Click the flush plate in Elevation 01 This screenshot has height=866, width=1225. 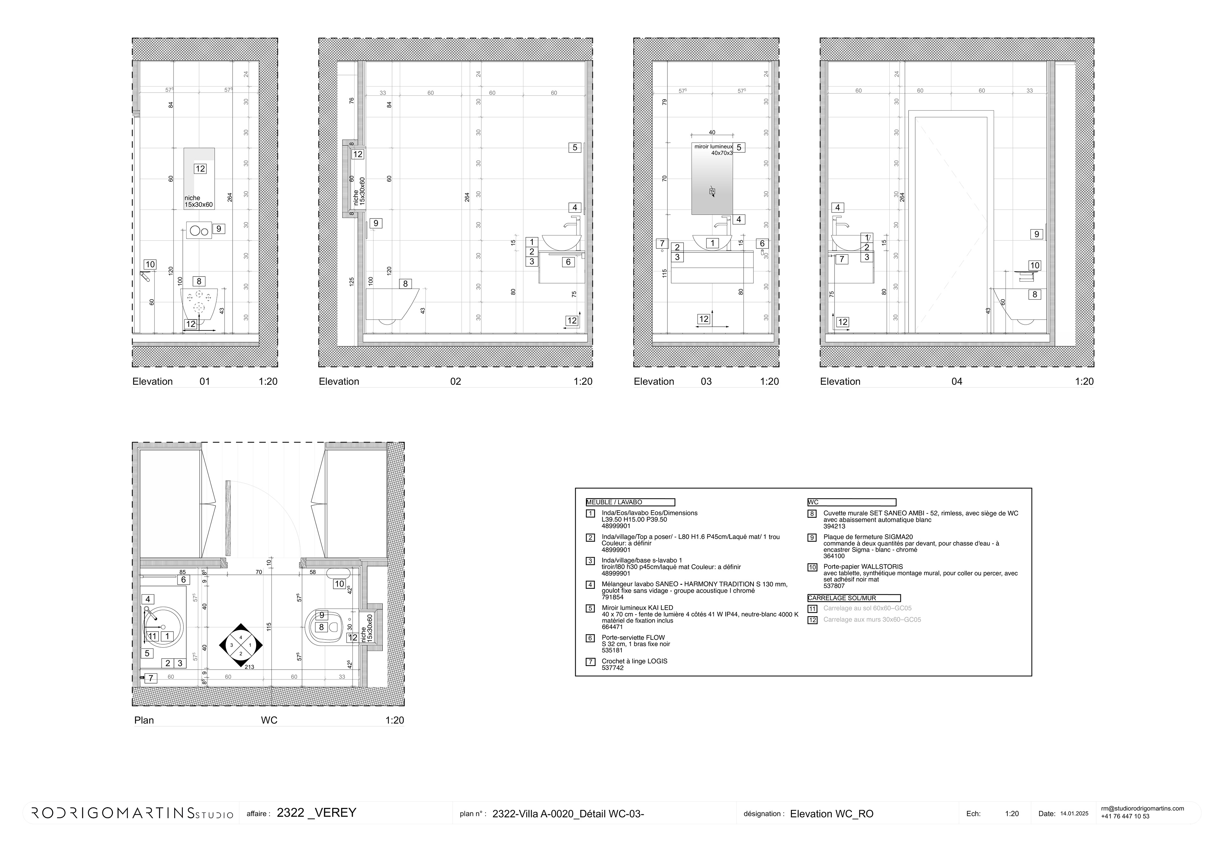pyautogui.click(x=198, y=231)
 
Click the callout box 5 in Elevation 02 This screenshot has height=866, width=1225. pyautogui.click(x=574, y=148)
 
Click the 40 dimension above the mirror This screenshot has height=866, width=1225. pyautogui.click(x=712, y=132)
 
